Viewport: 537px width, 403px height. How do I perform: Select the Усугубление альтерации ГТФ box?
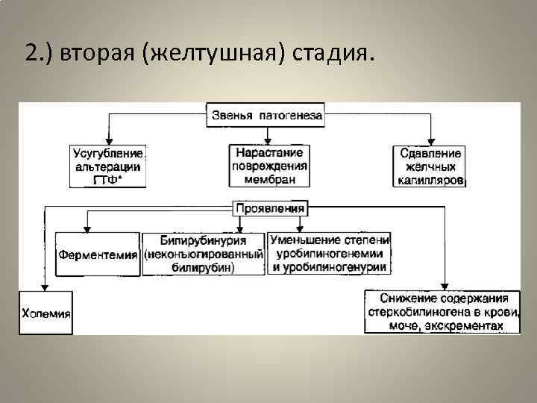point(108,166)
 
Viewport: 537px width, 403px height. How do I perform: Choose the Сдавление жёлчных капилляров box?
point(428,166)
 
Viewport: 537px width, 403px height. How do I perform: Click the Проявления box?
point(269,208)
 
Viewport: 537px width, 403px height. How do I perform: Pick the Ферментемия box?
point(98,254)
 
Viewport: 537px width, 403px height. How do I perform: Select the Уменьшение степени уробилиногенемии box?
point(329,254)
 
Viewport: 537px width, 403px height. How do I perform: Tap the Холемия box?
point(45,313)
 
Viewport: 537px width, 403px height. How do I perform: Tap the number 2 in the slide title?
point(31,54)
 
